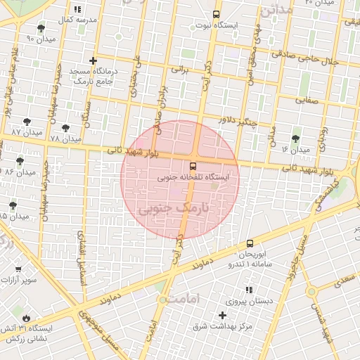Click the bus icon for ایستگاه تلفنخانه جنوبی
coord(193,167)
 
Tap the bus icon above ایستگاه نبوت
coord(216,13)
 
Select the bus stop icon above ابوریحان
coord(250,243)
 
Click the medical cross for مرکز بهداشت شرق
coord(223,315)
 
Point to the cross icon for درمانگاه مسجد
coord(93,61)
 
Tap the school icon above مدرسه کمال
coord(77,9)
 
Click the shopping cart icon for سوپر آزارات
coord(18,269)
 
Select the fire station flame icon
coord(26,318)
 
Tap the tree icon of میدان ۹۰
coord(41,29)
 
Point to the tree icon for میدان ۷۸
coord(66,129)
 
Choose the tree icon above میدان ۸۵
coord(13,205)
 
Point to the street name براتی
coord(181,70)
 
